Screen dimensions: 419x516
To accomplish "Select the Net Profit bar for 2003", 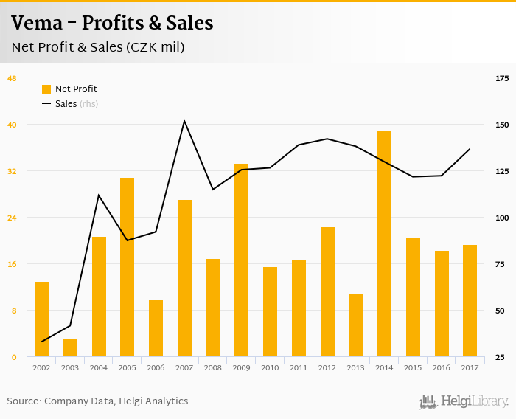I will [x=70, y=347].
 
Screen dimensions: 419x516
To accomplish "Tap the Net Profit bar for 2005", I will [x=127, y=267].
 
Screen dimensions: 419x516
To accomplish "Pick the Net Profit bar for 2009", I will [x=241, y=260].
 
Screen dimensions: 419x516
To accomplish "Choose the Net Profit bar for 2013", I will [x=355, y=325].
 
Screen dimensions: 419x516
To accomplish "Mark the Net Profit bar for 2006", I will [x=156, y=328].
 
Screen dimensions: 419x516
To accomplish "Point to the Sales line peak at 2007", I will [x=184, y=121].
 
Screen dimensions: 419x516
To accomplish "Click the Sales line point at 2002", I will [x=42, y=342].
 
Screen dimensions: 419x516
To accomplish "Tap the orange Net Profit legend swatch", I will [x=46, y=89].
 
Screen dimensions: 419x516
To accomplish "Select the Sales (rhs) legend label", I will [x=77, y=104].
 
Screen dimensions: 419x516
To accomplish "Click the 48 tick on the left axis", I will [x=13, y=78].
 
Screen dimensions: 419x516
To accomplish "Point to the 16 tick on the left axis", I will [x=13, y=264].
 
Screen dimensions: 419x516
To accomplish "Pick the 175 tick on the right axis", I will [x=501, y=78].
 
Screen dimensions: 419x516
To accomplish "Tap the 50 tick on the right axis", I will [x=501, y=311].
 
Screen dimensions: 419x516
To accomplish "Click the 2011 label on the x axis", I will [x=299, y=367].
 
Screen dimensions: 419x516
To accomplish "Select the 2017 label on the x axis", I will [x=470, y=367].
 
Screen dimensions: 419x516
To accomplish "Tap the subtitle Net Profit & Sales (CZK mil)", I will [x=97, y=47].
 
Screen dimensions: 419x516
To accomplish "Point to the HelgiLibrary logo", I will [x=464, y=401].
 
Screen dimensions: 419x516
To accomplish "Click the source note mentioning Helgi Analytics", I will [x=97, y=401].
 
